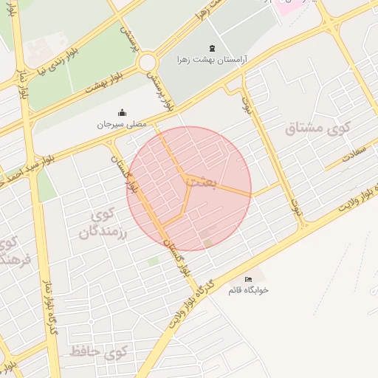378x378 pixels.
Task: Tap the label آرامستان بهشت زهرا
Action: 213,58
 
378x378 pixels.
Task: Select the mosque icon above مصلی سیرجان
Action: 122,113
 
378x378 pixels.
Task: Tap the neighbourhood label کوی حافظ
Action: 98,351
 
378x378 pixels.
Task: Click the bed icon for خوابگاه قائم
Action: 248,279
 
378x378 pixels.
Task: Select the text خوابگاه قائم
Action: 248,289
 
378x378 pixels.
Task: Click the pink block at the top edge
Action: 292,5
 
